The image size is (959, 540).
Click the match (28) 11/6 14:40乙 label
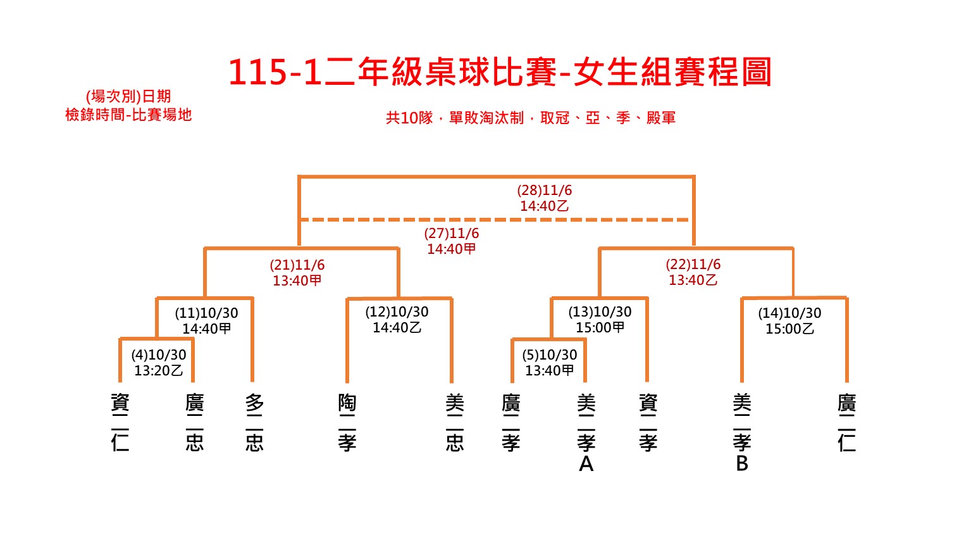(x=544, y=198)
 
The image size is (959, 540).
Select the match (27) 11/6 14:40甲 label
(x=451, y=241)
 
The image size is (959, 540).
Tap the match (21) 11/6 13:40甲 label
(x=297, y=273)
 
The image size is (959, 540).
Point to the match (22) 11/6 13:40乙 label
(x=693, y=272)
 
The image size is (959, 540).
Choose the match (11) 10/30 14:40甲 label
(x=206, y=321)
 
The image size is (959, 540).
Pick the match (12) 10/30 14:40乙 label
(x=397, y=320)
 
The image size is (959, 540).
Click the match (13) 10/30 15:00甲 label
(x=600, y=320)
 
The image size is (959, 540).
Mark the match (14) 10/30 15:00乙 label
(x=789, y=321)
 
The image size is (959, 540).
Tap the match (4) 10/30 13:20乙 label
(x=158, y=363)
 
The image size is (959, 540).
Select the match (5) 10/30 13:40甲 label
(x=549, y=363)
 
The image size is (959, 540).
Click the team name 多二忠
(x=254, y=423)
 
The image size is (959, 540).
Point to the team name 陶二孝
(x=347, y=423)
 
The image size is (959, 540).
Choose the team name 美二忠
(x=454, y=423)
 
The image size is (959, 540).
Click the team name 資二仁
(x=120, y=423)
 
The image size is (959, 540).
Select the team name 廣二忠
(x=194, y=423)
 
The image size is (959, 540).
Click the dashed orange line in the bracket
(x=495, y=220)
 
